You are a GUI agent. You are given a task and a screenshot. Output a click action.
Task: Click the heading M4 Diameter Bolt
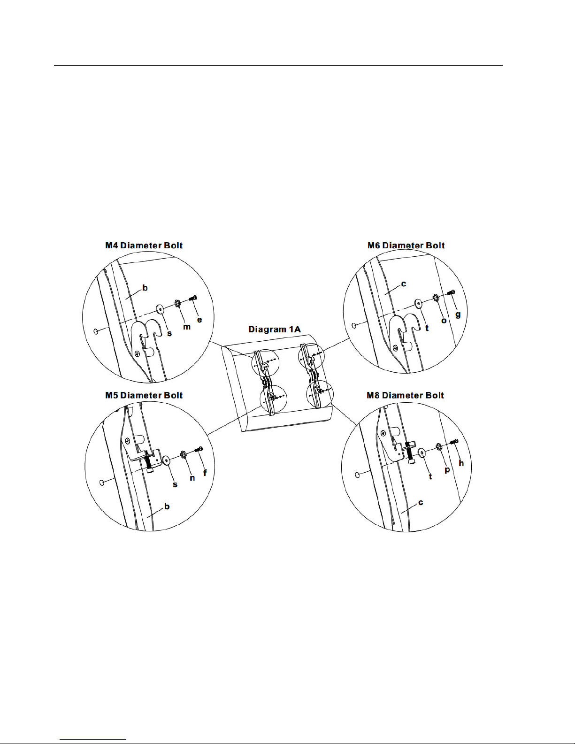pyautogui.click(x=144, y=245)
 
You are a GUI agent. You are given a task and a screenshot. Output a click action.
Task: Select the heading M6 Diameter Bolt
pyautogui.click(x=406, y=245)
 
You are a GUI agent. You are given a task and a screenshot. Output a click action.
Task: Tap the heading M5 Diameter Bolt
pyautogui.click(x=144, y=395)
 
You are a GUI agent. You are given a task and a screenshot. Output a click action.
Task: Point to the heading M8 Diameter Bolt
pyautogui.click(x=405, y=395)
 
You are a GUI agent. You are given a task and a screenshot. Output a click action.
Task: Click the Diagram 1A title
pyautogui.click(x=275, y=329)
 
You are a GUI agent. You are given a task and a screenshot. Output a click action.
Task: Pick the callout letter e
pyautogui.click(x=199, y=320)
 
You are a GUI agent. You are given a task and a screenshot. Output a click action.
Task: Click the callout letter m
pyautogui.click(x=186, y=327)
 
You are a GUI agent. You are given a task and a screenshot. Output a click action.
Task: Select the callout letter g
pyautogui.click(x=458, y=314)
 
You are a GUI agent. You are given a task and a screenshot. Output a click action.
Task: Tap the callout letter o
pyautogui.click(x=444, y=321)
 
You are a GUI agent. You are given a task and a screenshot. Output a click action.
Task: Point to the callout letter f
pyautogui.click(x=205, y=473)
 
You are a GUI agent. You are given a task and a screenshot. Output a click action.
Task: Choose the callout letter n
pyautogui.click(x=192, y=478)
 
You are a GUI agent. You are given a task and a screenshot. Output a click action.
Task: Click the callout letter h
pyautogui.click(x=461, y=463)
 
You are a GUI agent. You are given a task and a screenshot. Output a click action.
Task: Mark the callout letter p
pyautogui.click(x=447, y=470)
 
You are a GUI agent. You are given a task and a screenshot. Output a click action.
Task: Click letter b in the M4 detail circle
pyautogui.click(x=145, y=288)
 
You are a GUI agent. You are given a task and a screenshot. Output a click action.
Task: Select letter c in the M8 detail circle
pyautogui.click(x=421, y=502)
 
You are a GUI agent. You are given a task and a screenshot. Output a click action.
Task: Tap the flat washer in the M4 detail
pyautogui.click(x=160, y=309)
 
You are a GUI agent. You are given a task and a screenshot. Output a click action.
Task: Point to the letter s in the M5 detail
pyautogui.click(x=175, y=484)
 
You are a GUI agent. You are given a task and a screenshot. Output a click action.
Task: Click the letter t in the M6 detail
pyautogui.click(x=427, y=328)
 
